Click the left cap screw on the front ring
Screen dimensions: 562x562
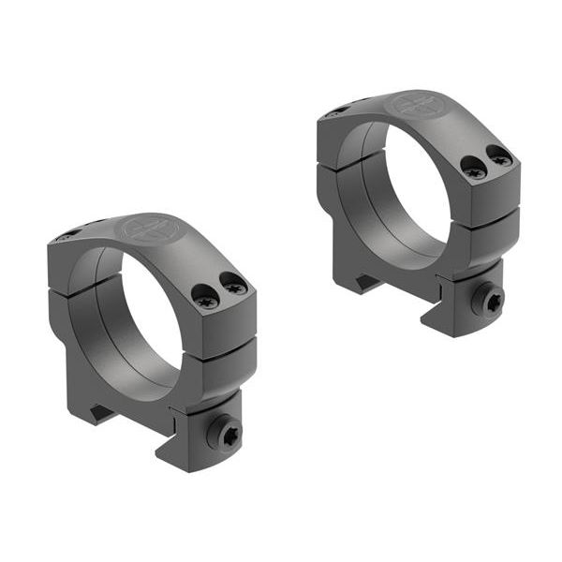point(205,300)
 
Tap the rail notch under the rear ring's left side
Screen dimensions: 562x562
point(360,280)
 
